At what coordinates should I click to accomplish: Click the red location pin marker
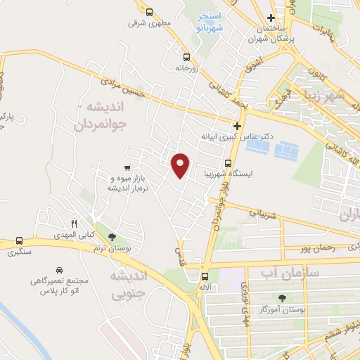[x=181, y=165]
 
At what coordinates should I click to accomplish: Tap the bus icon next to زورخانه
[x=186, y=58]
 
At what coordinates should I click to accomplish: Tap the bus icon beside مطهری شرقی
[x=149, y=11]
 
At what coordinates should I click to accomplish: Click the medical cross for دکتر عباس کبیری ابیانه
[x=238, y=127]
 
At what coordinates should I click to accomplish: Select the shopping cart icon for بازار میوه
[x=127, y=167]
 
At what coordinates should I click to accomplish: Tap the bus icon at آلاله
[x=205, y=276]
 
